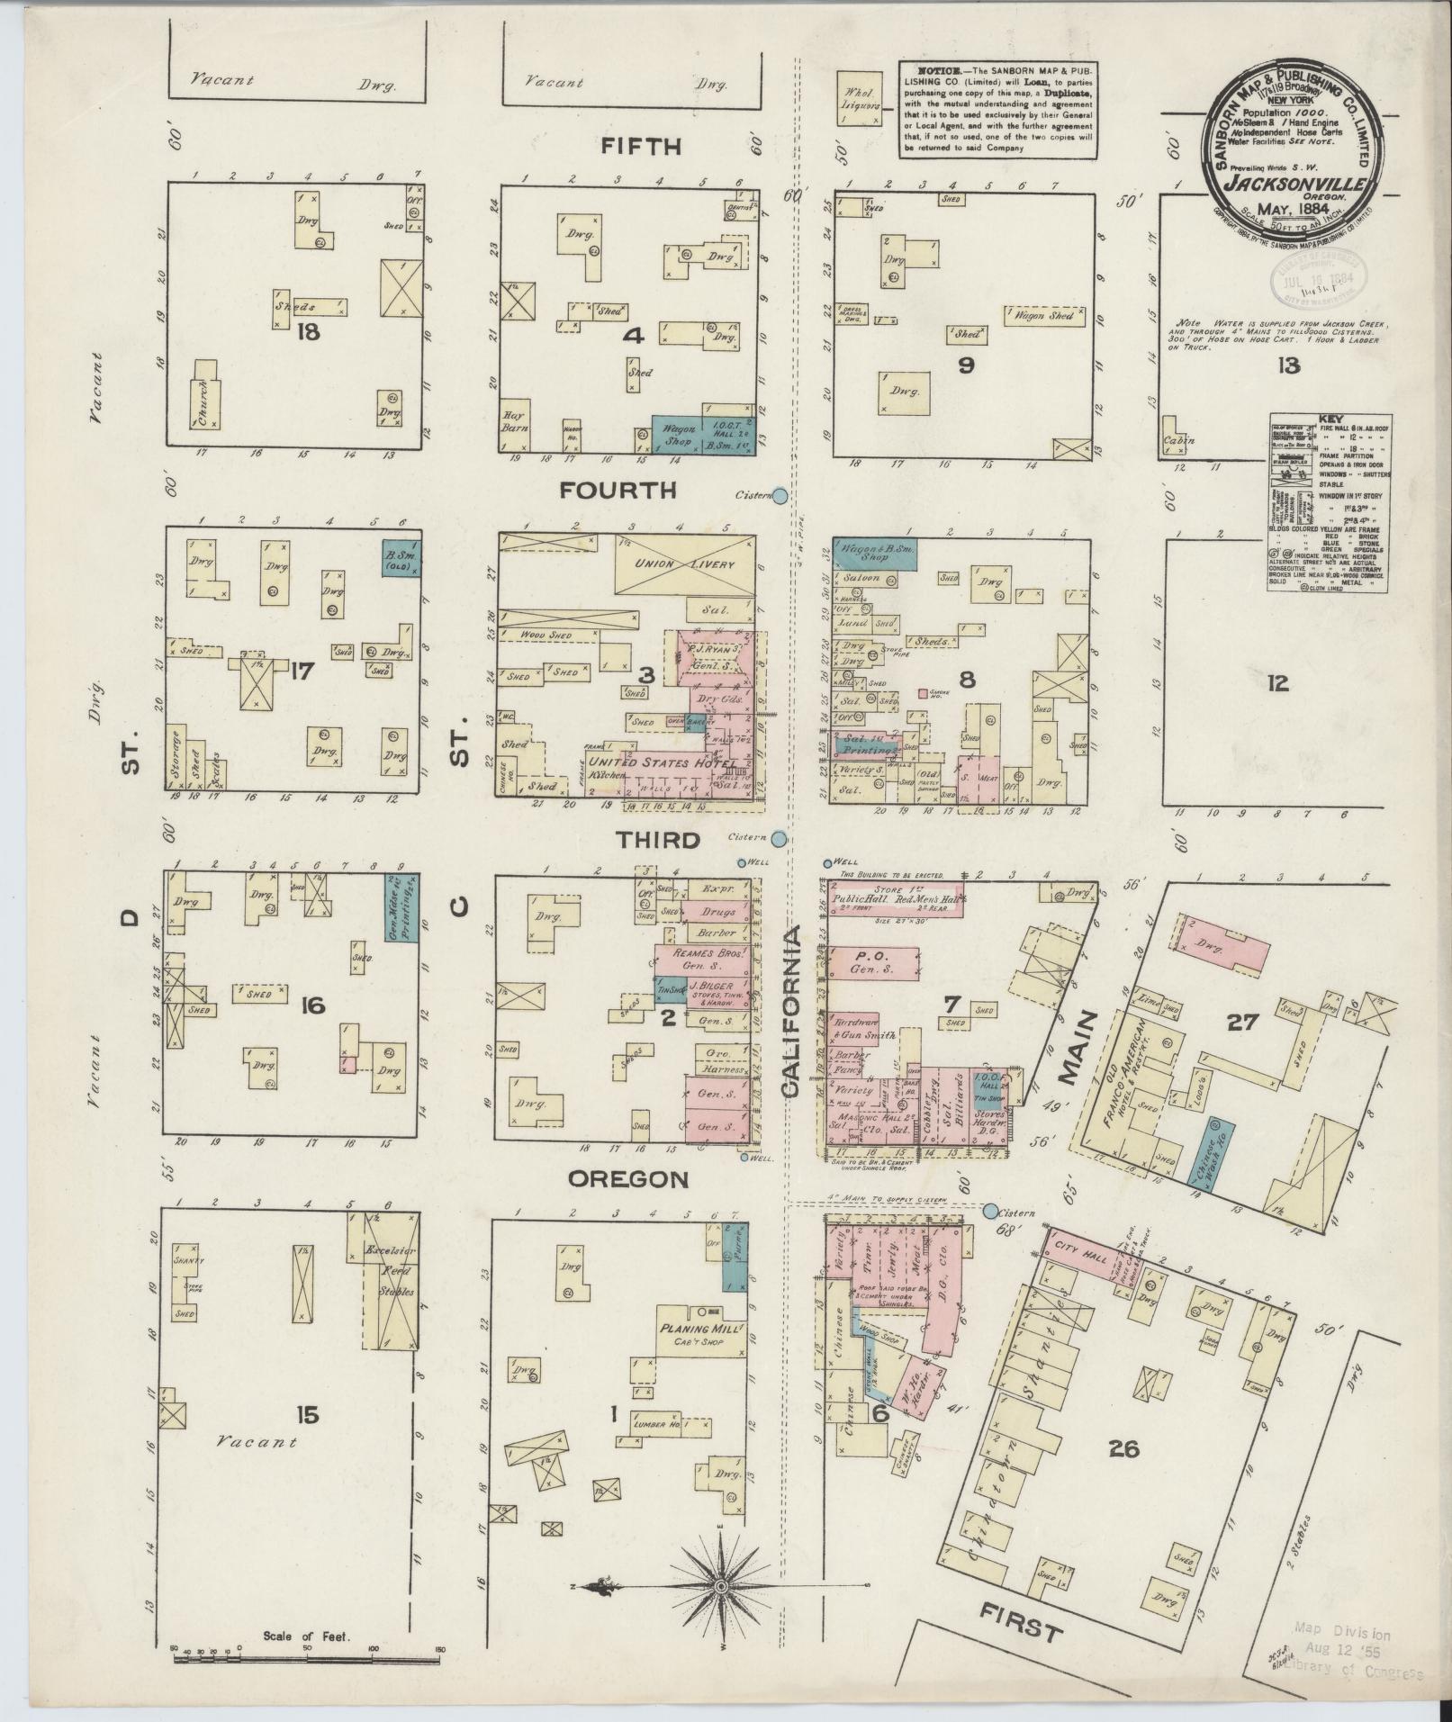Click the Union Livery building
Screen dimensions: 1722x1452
pos(684,564)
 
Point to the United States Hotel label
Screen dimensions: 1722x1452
pos(662,762)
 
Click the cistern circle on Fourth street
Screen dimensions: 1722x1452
pos(780,495)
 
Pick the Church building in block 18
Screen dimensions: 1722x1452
pos(204,404)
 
